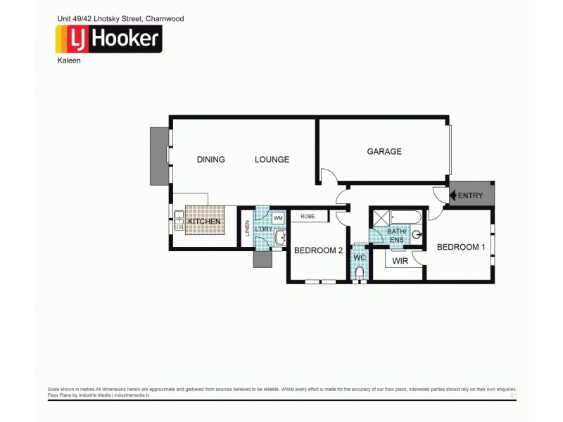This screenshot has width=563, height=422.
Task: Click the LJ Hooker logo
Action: [x=109, y=39]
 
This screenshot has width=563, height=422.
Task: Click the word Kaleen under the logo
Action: [x=68, y=60]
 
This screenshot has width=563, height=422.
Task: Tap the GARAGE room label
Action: [x=384, y=151]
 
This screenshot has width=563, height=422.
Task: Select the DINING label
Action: [x=210, y=160]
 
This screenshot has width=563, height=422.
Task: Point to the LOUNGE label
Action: [x=272, y=160]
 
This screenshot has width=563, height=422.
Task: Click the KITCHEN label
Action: [x=204, y=222]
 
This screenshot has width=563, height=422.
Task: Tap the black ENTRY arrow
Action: [x=454, y=194]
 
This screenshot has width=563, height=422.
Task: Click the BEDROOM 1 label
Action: [x=461, y=247]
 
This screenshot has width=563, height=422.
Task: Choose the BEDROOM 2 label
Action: [x=318, y=250]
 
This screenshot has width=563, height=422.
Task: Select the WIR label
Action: [x=400, y=261]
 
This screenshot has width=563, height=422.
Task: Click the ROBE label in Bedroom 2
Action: [x=308, y=217]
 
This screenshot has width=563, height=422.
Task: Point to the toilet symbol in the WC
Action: [x=360, y=272]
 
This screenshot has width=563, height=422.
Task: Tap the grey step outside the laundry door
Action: [x=262, y=259]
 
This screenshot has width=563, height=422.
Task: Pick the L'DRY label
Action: [x=263, y=229]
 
